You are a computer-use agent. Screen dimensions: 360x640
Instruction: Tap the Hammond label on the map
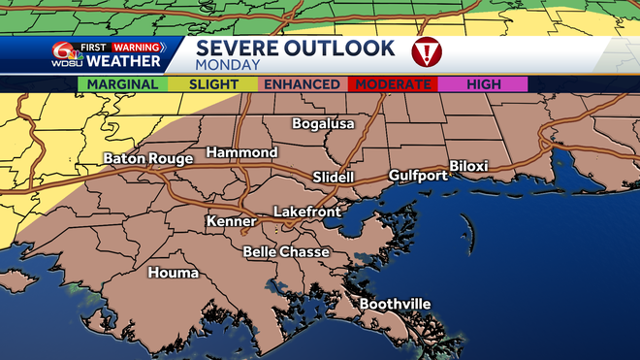click(241, 153)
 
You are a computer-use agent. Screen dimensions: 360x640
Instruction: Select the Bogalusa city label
click(324, 124)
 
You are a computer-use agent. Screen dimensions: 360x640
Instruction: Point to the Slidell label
click(334, 178)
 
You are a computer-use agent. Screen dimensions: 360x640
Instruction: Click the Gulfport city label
click(418, 176)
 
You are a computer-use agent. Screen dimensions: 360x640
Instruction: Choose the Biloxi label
click(473, 165)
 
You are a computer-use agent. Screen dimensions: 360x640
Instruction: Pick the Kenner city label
click(231, 222)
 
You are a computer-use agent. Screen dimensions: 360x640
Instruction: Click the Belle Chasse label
click(286, 252)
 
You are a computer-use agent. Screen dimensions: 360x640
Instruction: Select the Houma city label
click(174, 273)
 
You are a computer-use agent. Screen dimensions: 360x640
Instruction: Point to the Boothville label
click(395, 305)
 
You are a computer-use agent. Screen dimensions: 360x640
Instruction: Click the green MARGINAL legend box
click(123, 84)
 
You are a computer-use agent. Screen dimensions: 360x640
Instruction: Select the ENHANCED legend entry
click(302, 84)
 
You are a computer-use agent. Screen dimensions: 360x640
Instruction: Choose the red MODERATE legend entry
click(393, 84)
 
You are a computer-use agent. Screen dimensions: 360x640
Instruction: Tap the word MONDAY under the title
click(228, 65)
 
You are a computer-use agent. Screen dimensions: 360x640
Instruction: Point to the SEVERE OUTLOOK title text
click(296, 48)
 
